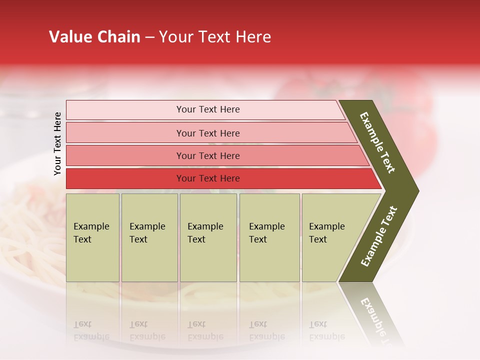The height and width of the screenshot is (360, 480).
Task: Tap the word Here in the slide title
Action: [x=253, y=37]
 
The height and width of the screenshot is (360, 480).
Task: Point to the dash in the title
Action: [x=149, y=37]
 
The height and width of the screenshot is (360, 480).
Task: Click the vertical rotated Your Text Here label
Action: [x=57, y=143]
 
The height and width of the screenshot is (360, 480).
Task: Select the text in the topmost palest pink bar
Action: [x=208, y=109]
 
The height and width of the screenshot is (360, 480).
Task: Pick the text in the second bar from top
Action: [x=208, y=133]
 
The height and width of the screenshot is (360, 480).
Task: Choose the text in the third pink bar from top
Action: [x=208, y=155]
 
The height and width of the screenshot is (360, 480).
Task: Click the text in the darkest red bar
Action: [x=208, y=178]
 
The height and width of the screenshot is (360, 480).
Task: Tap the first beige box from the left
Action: [x=92, y=237]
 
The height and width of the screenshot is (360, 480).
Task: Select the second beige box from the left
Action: [x=149, y=237]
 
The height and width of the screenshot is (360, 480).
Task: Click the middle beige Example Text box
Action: [x=208, y=237]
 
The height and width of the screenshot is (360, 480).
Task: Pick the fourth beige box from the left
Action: [x=269, y=237]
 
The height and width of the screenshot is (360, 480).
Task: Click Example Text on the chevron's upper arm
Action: [x=377, y=142]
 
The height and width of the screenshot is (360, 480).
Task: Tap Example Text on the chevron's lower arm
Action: [x=378, y=236]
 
